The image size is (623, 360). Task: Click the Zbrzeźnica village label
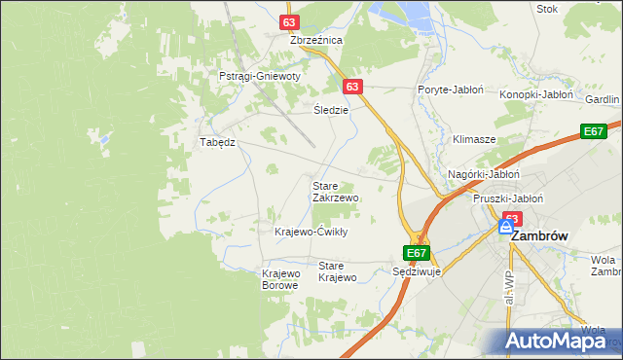tap(316, 41)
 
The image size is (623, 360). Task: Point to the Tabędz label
tap(218, 142)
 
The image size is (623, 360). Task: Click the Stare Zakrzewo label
tap(336, 191)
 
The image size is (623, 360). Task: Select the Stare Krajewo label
tap(338, 271)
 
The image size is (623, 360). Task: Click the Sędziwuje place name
tap(417, 272)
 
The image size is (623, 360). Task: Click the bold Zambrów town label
tap(539, 235)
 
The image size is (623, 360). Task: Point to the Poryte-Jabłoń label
tap(451, 90)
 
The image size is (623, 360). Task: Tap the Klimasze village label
tap(474, 139)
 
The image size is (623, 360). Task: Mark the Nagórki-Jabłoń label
tap(484, 174)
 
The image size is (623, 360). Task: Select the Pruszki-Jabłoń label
tap(507, 198)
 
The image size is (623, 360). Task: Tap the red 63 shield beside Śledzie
tap(353, 87)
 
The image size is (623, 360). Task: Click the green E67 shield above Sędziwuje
tap(417, 253)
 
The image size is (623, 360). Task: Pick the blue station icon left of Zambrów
tap(505, 227)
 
